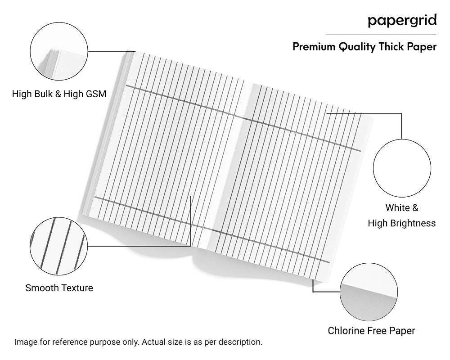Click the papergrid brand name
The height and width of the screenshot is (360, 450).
(402, 20)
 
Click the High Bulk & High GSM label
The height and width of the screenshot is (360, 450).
(59, 94)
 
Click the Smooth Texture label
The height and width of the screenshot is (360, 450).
(59, 288)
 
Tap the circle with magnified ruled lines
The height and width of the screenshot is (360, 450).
(58, 246)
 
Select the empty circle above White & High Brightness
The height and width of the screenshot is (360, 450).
(402, 167)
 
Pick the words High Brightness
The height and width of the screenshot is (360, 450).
(402, 223)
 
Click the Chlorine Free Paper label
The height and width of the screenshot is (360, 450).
(371, 331)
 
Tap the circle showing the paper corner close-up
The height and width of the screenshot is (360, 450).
(369, 292)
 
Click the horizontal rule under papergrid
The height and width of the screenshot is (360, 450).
(381, 34)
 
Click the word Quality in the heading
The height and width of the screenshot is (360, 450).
(355, 47)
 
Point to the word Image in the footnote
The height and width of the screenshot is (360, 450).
(25, 342)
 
